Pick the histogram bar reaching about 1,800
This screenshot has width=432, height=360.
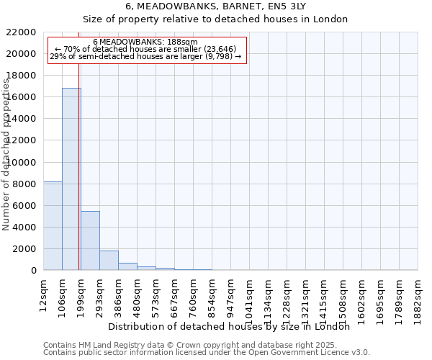click(109, 261)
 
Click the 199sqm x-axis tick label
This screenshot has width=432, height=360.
click(81, 293)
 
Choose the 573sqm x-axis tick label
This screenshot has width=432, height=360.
click(156, 293)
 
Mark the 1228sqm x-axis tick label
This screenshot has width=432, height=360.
click(287, 296)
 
